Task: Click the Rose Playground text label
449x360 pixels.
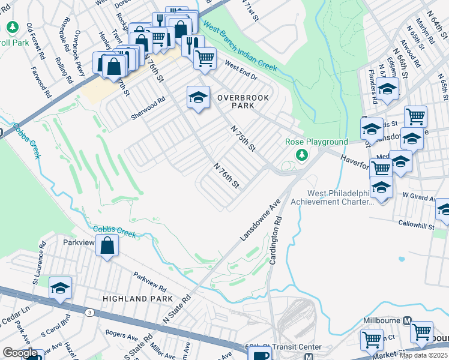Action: [x=316, y=142]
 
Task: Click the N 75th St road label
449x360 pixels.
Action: [x=243, y=138]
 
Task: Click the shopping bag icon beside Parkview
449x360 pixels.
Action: [x=107, y=245]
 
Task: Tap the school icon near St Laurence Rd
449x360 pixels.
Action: [x=60, y=289]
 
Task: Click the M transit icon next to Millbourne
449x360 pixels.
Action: [x=408, y=320]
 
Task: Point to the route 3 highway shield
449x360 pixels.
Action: [x=89, y=313]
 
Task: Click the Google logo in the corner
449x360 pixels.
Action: [x=19, y=353]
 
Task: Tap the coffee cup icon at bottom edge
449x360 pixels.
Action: [x=261, y=355]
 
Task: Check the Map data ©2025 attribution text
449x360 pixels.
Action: [x=423, y=355]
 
